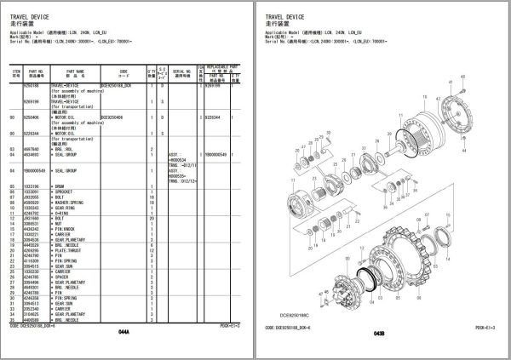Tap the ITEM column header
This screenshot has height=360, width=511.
tap(13, 74)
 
